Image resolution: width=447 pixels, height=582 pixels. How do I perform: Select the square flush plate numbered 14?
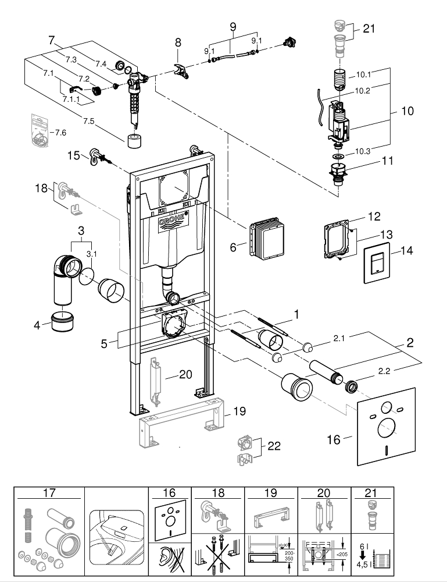click(x=377, y=264)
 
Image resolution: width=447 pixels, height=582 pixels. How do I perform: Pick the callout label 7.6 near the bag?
click(x=60, y=133)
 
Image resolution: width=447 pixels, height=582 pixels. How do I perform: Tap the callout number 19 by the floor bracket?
click(x=239, y=411)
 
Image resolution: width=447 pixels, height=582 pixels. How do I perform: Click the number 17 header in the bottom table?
click(x=49, y=492)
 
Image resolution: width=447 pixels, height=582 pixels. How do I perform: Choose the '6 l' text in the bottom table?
click(x=362, y=545)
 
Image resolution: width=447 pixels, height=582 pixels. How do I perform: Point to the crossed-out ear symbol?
click(x=169, y=559)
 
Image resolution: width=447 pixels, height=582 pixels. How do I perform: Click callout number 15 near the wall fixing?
click(x=73, y=155)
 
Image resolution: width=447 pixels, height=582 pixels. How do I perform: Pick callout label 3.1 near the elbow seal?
click(x=91, y=254)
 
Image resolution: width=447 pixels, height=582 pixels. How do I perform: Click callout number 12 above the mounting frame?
click(x=373, y=217)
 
